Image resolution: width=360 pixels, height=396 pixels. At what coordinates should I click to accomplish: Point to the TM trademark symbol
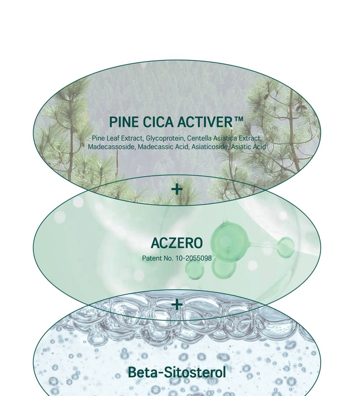pos(238,119)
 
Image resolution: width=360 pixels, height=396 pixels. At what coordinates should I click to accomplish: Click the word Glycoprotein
pos(165,139)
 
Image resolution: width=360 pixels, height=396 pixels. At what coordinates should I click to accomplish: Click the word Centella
pos(198,138)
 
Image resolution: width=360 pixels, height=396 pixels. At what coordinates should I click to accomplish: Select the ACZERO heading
pos(177,243)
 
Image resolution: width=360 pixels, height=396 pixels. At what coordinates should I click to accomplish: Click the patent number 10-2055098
pos(193,258)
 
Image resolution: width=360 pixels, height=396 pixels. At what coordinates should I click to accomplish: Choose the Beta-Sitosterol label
pos(177,372)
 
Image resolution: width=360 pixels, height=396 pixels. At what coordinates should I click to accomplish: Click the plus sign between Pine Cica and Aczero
pos(177,189)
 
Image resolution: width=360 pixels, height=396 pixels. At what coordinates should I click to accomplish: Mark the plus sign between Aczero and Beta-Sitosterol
pos(177,304)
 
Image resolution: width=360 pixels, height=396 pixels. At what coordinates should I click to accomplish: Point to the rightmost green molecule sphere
pos(286,247)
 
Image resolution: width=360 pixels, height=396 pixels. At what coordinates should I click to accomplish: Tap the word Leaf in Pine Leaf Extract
pos(113,138)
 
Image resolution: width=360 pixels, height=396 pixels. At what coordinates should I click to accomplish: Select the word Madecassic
pos(154,147)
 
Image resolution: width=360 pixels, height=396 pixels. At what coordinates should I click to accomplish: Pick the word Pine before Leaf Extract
pos(98,138)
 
